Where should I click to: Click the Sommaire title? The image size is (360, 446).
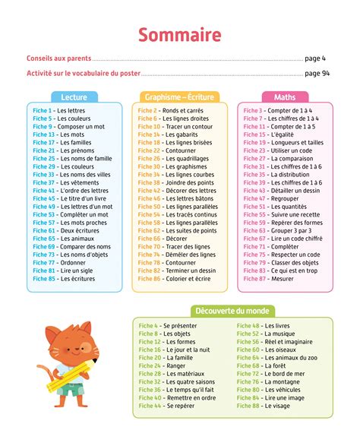[x=180, y=35]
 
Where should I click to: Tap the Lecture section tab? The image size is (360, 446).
[x=73, y=97]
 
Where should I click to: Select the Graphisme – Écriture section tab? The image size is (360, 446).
[x=179, y=97]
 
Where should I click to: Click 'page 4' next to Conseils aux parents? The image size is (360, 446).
[x=315, y=58]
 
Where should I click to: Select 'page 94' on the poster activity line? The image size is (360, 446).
[x=317, y=74]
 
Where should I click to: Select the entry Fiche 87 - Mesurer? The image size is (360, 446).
[x=270, y=279]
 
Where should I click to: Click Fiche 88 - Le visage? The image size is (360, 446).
[x=264, y=406]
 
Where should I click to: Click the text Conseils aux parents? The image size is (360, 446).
[x=58, y=58]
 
